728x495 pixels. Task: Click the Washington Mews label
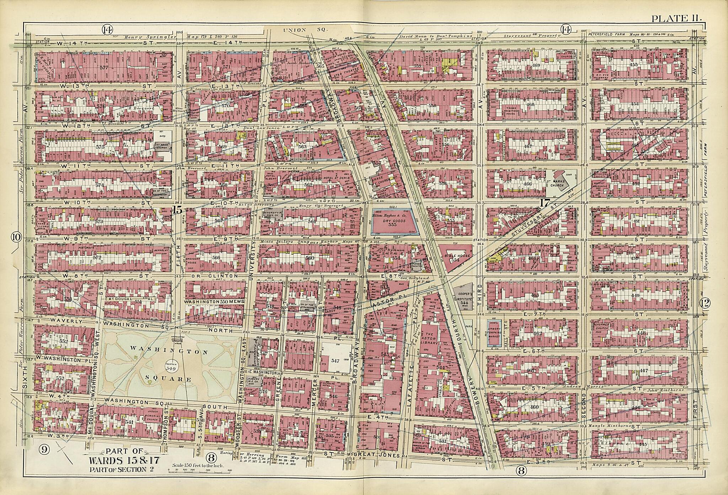point(213,301)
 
